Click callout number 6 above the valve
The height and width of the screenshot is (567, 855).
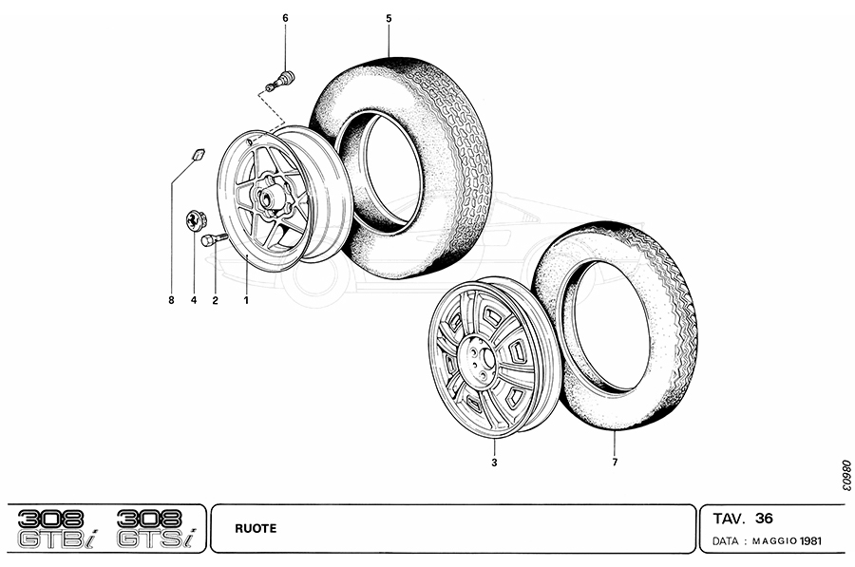coord(285,18)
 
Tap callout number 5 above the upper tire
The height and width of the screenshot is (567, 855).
coord(389,18)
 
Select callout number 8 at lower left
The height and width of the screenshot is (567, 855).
coord(171,301)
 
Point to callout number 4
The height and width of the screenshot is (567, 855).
coord(194,301)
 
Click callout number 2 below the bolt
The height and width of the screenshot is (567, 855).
coord(216,301)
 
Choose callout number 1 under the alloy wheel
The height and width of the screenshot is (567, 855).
coord(246,301)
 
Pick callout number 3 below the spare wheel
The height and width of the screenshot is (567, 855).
coord(495,463)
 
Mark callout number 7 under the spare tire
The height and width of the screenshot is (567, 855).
coord(615,463)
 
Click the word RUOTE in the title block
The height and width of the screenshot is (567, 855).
coord(256,528)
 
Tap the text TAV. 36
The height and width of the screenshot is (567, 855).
coord(743,519)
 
